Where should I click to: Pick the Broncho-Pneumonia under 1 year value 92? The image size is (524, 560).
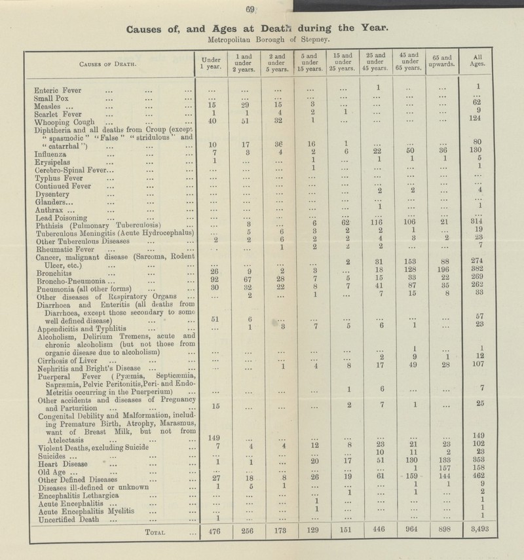point(210,277)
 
